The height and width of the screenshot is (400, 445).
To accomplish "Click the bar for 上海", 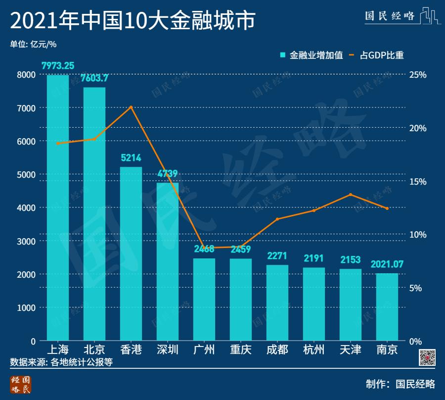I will (x=58, y=208).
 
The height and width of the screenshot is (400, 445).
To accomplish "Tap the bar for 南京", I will (x=387, y=307).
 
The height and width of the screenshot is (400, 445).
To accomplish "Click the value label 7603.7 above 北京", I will (x=94, y=78).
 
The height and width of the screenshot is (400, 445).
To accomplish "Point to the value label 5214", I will (x=131, y=158).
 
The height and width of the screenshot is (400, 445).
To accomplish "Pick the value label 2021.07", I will (x=387, y=264).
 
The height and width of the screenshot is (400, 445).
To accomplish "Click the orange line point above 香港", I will (x=131, y=107).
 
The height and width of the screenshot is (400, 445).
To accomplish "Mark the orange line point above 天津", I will (x=351, y=195).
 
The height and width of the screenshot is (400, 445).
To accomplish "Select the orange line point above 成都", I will (x=277, y=219).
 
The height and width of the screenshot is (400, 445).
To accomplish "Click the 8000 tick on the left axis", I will (x=27, y=75).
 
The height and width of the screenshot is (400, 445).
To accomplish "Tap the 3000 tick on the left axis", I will (x=27, y=241).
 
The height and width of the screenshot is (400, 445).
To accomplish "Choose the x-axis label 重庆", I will (x=241, y=350).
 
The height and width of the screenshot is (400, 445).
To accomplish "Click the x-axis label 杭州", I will (x=314, y=350).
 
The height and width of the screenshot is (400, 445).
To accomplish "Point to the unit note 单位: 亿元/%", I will (x=33, y=44).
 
